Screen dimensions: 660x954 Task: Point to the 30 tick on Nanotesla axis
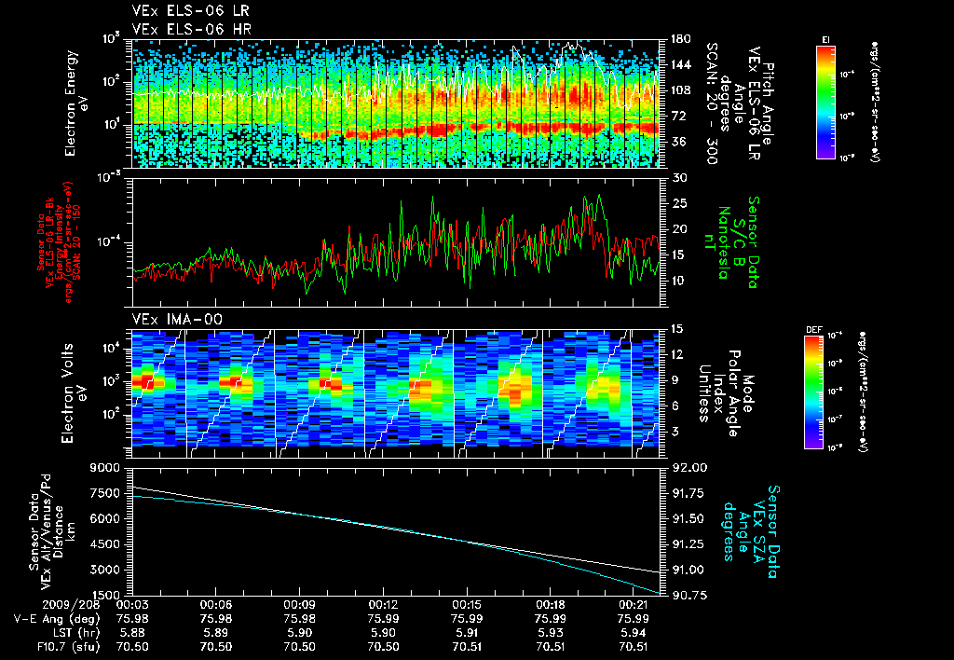678,177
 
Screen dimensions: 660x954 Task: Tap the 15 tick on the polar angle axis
677,329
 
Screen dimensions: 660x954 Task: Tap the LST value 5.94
634,632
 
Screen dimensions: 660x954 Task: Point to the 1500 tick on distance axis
104,595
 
